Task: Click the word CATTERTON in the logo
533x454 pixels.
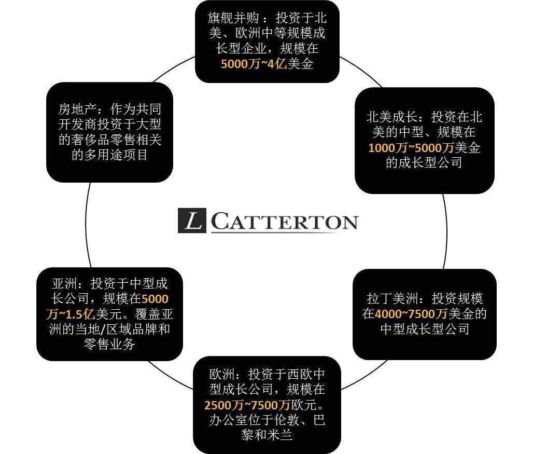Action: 284,222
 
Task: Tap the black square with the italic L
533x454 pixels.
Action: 193,221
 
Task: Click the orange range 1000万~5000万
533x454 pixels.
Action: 411,148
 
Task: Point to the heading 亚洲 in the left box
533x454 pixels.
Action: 64,284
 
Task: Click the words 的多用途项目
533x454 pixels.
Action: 109,155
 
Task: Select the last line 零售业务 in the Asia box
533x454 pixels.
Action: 109,343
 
